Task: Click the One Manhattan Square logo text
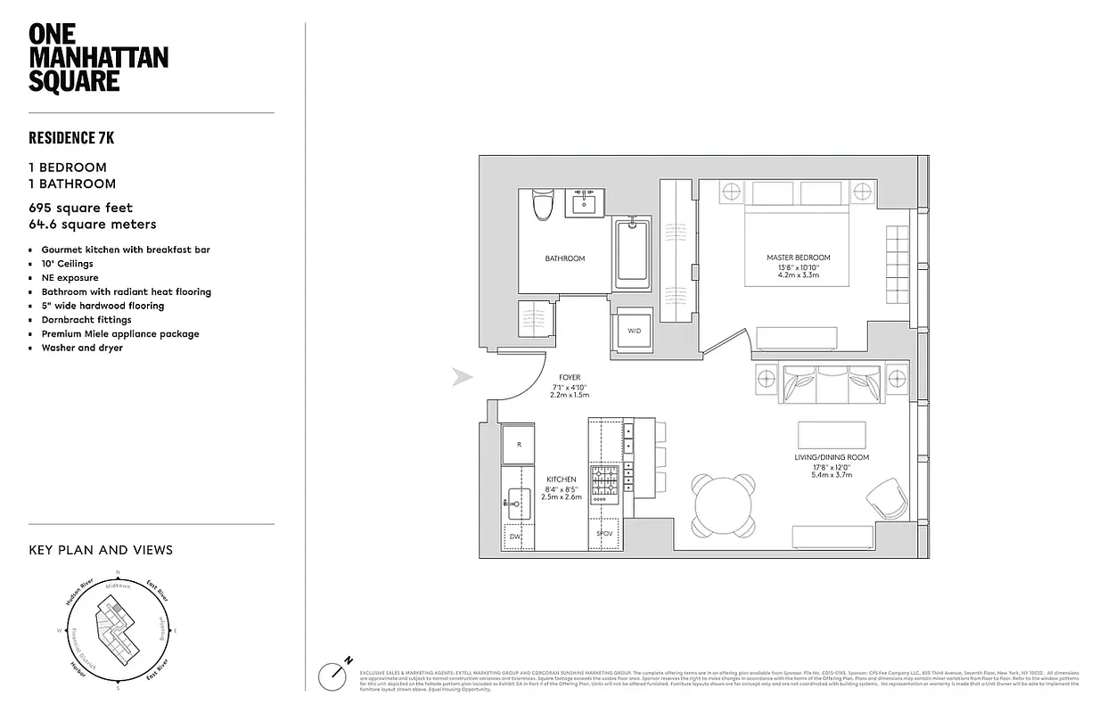[x=98, y=58]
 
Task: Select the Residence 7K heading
[x=71, y=137]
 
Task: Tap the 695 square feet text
[x=81, y=209]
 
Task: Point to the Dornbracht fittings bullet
[x=86, y=320]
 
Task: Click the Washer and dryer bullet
[x=82, y=348]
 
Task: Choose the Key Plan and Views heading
[x=101, y=550]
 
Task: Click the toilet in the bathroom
[x=542, y=205]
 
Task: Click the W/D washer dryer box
[x=634, y=331]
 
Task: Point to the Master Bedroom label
[x=791, y=258]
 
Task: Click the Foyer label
[x=570, y=378]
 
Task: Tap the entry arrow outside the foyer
[x=462, y=377]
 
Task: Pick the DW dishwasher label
[x=514, y=537]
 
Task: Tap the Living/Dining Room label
[x=831, y=457]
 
